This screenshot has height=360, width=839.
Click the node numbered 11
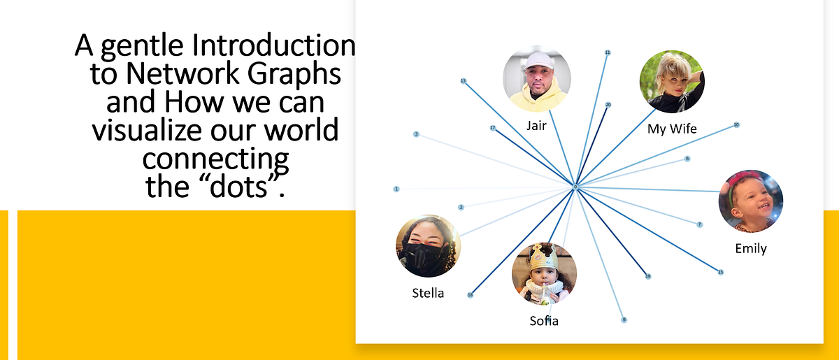click(x=608, y=52)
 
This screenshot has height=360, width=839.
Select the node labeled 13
click(x=463, y=81)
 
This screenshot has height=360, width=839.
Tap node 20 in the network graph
click(x=608, y=105)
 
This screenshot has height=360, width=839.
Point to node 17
click(x=492, y=129)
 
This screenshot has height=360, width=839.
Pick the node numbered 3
click(x=416, y=134)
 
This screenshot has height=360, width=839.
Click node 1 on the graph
click(x=396, y=189)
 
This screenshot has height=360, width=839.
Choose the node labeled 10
click(x=736, y=125)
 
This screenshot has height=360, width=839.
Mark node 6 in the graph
click(x=687, y=159)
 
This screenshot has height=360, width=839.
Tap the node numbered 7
click(x=699, y=224)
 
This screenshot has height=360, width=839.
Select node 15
click(x=720, y=271)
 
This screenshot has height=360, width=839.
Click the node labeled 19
click(x=648, y=276)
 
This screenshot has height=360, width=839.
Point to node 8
click(x=624, y=320)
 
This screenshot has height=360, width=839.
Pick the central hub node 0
click(x=575, y=187)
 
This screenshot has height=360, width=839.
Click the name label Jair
click(x=536, y=126)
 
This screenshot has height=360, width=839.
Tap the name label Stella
click(x=428, y=293)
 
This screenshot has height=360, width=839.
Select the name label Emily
click(x=751, y=248)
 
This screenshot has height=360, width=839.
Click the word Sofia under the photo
click(x=544, y=321)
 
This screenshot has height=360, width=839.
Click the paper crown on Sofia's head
click(x=543, y=257)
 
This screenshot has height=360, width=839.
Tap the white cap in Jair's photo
click(x=536, y=59)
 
